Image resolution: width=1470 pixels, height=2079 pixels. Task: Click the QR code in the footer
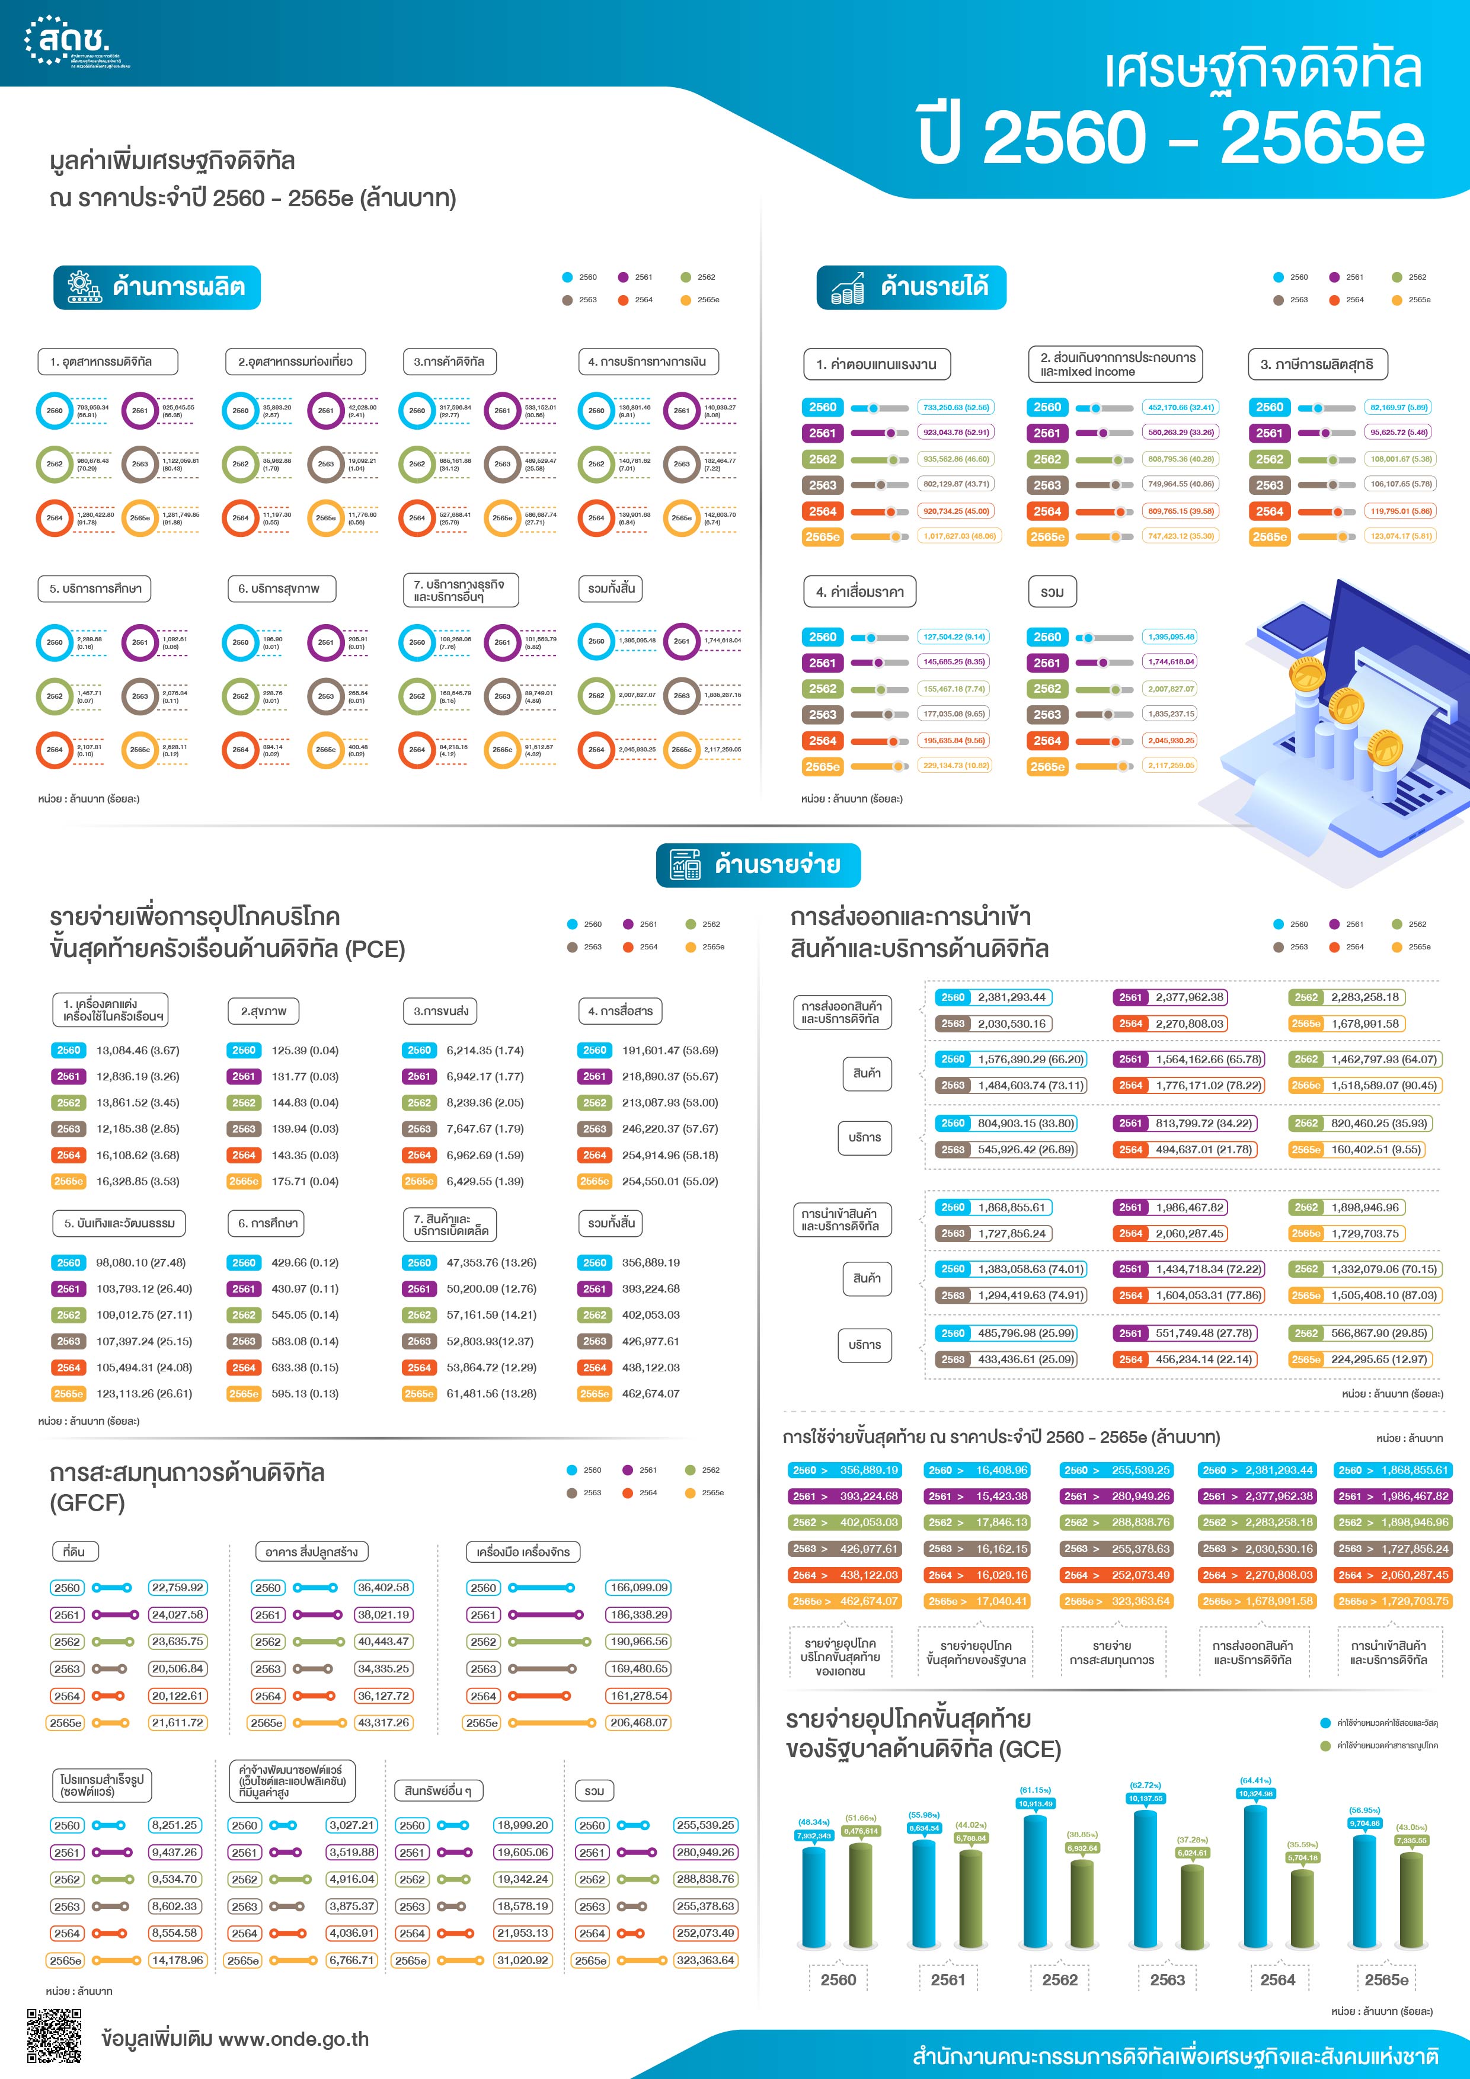pyautogui.click(x=55, y=2036)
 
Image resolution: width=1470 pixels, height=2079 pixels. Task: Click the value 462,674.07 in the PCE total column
pyautogui.click(x=650, y=1393)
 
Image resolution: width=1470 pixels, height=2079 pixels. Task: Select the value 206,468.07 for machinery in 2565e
pyautogui.click(x=638, y=1722)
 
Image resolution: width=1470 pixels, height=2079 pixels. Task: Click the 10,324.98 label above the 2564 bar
pyautogui.click(x=1255, y=1793)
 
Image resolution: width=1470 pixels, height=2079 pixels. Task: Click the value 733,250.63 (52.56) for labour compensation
pyautogui.click(x=955, y=408)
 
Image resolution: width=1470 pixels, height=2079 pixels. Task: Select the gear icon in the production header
pyautogui.click(x=84, y=287)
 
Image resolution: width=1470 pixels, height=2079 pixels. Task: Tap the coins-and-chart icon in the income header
pyautogui.click(x=847, y=288)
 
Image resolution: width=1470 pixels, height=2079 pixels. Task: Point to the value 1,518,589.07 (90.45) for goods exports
pyautogui.click(x=1383, y=1085)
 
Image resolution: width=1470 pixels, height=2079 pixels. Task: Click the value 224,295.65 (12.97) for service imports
pyautogui.click(x=1379, y=1359)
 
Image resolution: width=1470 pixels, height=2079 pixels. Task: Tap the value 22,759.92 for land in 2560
pyautogui.click(x=177, y=1587)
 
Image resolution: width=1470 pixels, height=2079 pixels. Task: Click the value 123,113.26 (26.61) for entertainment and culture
pyautogui.click(x=144, y=1393)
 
